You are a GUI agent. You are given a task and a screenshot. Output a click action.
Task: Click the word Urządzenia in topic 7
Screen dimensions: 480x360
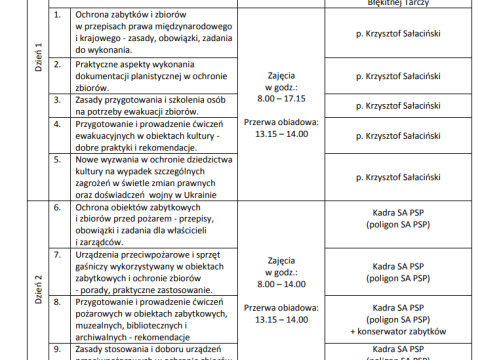107,255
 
